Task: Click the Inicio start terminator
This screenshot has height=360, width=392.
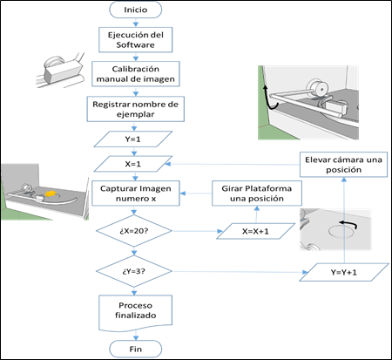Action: click(135, 10)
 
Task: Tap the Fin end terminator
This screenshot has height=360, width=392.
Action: click(135, 349)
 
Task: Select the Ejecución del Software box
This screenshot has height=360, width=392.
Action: click(135, 40)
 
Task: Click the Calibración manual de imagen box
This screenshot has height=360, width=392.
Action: click(136, 74)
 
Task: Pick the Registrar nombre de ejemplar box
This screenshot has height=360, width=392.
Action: click(136, 109)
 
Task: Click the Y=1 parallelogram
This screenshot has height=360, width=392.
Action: click(133, 139)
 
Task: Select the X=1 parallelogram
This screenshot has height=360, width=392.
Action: click(133, 164)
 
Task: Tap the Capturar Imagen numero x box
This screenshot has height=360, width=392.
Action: click(136, 194)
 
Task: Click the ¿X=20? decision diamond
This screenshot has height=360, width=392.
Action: click(134, 231)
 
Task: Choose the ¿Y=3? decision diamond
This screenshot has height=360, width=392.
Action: click(134, 271)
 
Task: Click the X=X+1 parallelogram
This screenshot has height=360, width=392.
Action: click(256, 231)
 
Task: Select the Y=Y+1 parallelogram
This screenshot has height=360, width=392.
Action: click(344, 272)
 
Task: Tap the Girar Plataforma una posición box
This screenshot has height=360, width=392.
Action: click(257, 194)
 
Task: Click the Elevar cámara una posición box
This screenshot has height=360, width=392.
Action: click(343, 165)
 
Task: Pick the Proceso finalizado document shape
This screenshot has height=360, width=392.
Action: click(135, 313)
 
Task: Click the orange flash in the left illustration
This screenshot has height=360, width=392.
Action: click(51, 194)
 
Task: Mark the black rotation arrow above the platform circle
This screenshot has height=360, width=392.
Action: click(348, 224)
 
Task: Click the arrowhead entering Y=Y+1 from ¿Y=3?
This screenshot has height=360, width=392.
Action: click(305, 272)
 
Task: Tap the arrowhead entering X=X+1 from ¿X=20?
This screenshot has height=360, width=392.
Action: click(220, 231)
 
